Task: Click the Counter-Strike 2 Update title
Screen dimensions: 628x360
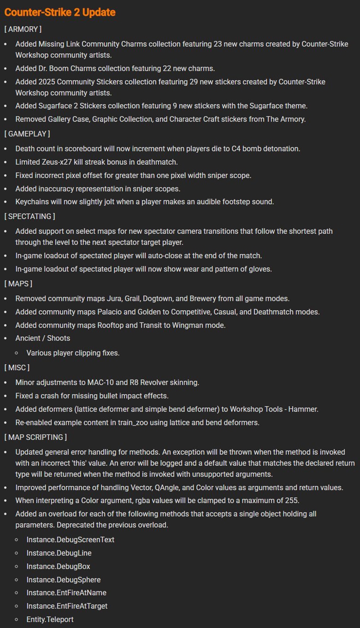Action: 60,12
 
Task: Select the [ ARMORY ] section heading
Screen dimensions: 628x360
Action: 22,29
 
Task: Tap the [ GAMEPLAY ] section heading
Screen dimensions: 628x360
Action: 27,134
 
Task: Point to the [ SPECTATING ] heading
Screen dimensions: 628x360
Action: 29,217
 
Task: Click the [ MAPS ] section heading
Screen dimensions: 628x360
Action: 18,284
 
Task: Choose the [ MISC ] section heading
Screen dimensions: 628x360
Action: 17,368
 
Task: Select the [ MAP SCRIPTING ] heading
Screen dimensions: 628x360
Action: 35,437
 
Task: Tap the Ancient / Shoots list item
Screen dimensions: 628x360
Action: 43,338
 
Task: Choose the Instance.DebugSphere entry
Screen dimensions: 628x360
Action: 63,580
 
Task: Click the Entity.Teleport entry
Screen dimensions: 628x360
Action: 50,619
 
